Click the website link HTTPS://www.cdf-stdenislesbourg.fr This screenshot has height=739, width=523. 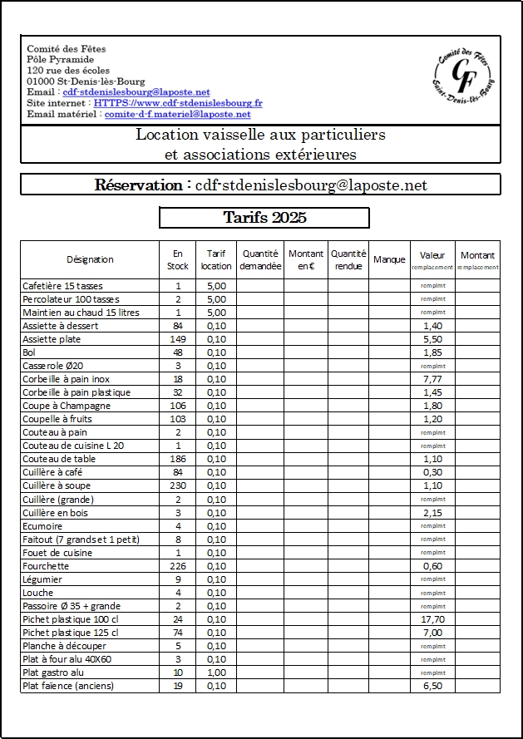click(178, 103)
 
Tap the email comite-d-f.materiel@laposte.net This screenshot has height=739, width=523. click(177, 115)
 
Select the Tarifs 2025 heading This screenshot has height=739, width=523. click(264, 218)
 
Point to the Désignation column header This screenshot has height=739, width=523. click(90, 259)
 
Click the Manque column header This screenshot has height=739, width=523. click(389, 259)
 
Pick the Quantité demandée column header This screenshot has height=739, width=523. click(260, 260)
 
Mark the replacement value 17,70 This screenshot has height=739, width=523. click(432, 619)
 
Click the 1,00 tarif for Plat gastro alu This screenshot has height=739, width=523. click(216, 672)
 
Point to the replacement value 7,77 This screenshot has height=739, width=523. click(432, 379)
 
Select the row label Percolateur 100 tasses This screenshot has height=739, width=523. click(71, 299)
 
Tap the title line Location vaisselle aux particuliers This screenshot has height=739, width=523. click(260, 135)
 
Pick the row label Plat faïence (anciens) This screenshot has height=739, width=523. click(68, 686)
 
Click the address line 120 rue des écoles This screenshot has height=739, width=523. click(68, 71)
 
